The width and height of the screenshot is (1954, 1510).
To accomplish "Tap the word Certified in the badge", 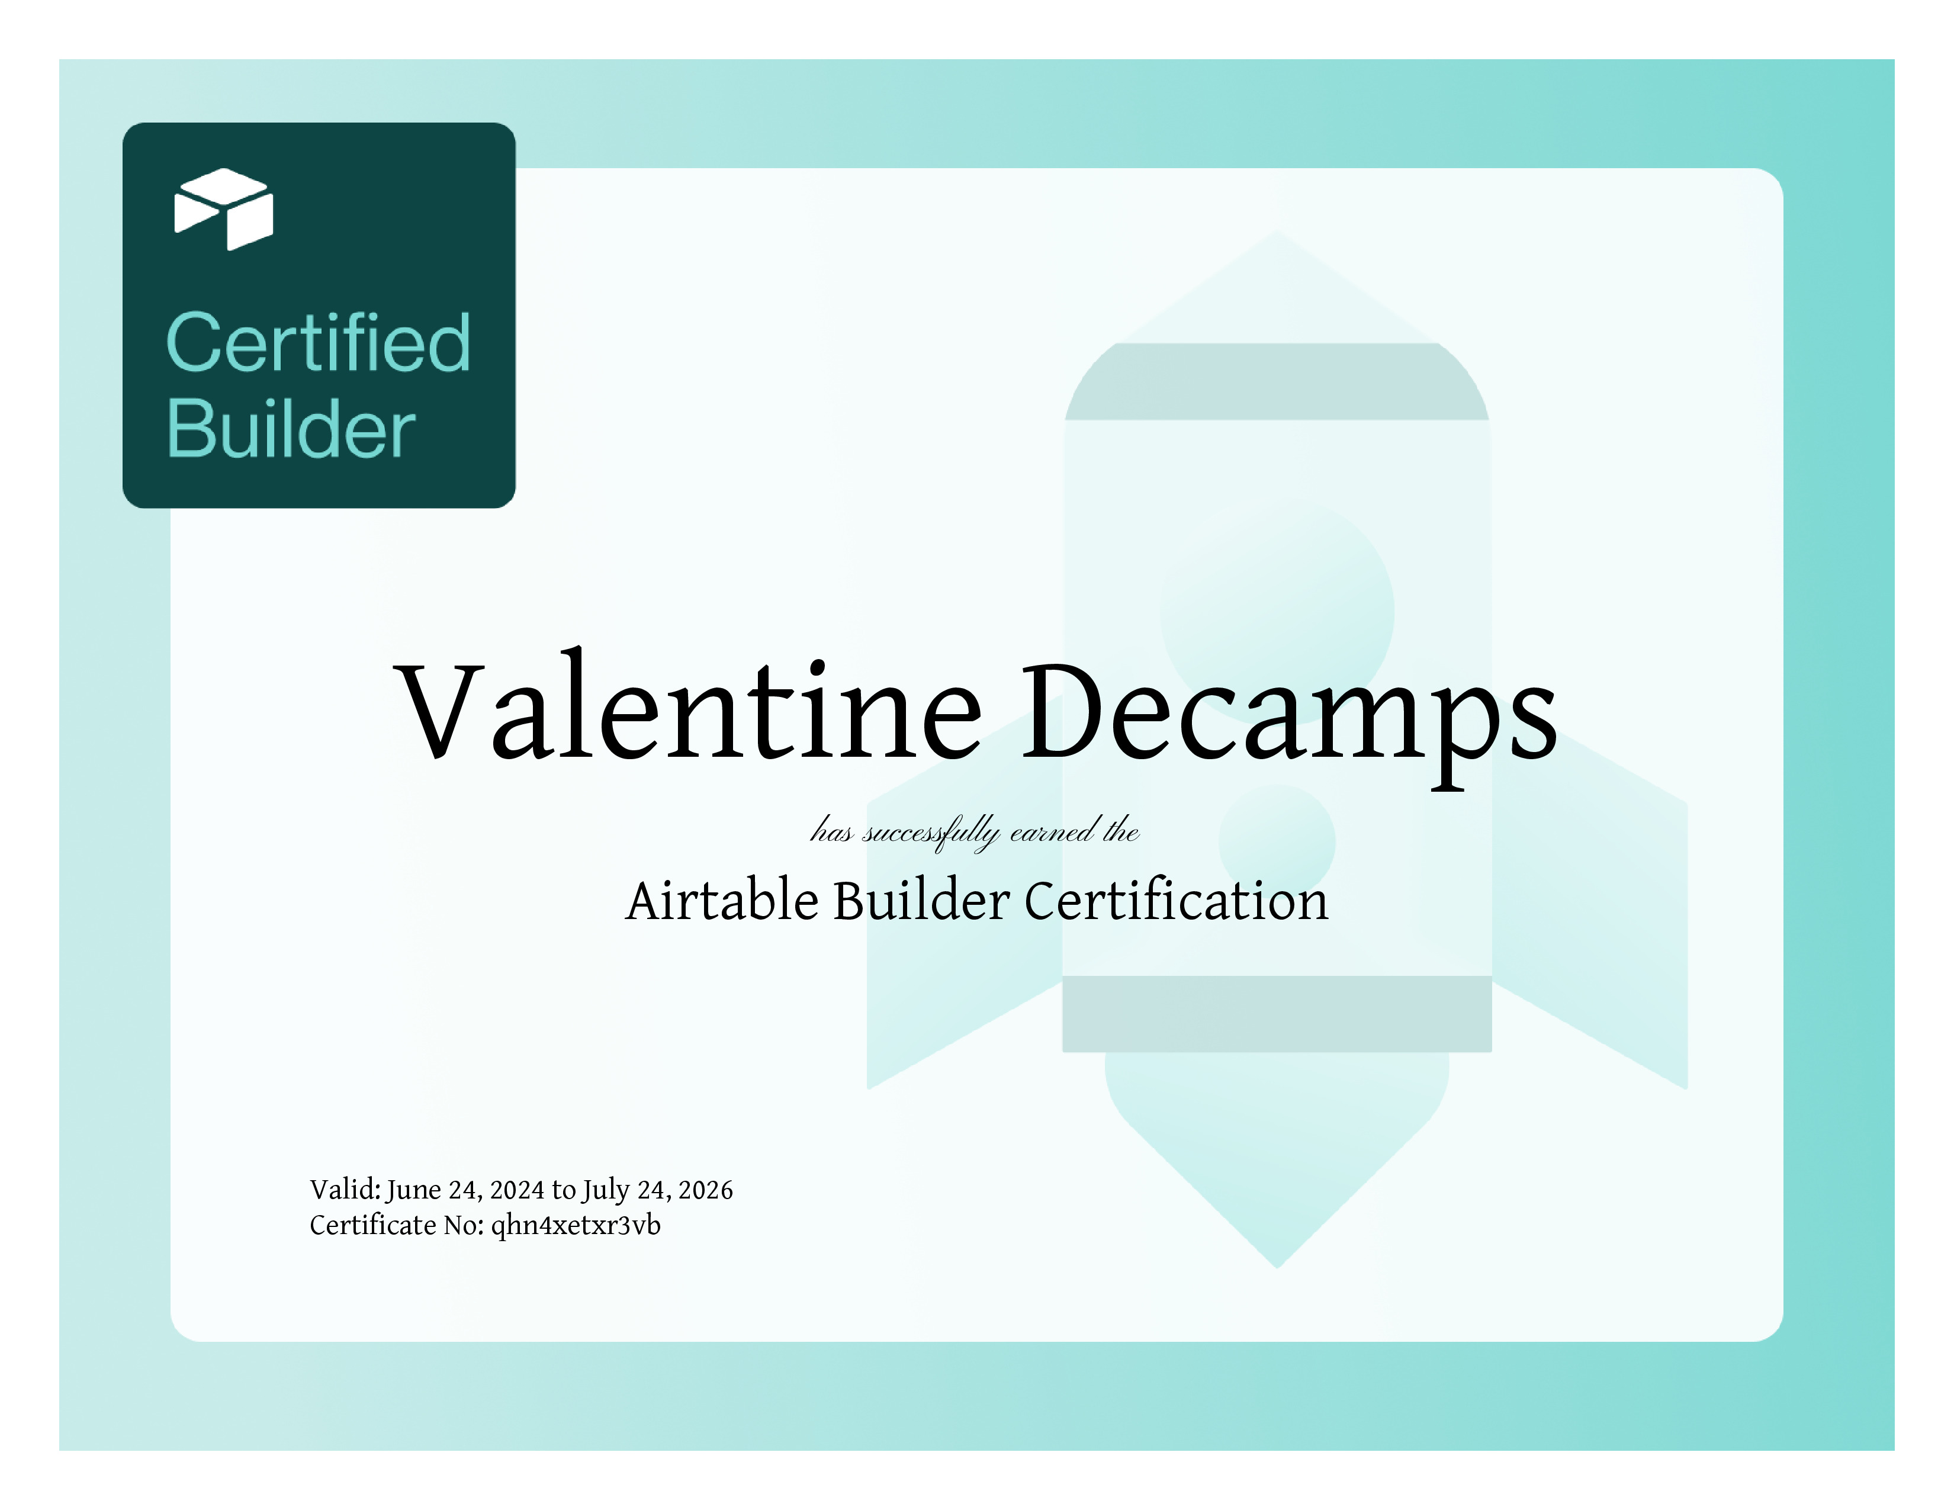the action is pyautogui.click(x=319, y=343).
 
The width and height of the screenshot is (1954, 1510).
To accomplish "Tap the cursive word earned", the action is pyautogui.click(x=1052, y=832).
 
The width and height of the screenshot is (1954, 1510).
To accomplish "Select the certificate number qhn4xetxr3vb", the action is pyautogui.click(x=576, y=1226).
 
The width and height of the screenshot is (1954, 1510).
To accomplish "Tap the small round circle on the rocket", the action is pyautogui.click(x=1277, y=843).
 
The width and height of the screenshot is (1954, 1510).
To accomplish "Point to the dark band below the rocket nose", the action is pyautogui.click(x=1277, y=382).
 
